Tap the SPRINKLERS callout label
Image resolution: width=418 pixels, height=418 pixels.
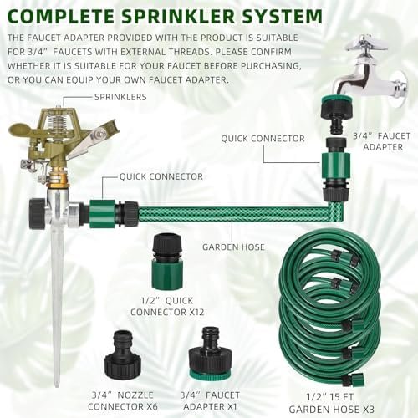(120, 97)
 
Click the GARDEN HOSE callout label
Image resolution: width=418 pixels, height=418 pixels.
(233, 247)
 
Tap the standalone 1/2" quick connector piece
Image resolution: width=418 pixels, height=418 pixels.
(168, 261)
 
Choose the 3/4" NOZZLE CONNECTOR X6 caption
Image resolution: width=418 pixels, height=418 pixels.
(123, 400)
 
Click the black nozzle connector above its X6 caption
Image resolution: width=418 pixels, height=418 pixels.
(123, 354)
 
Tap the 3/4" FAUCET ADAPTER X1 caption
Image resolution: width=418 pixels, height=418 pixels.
(210, 400)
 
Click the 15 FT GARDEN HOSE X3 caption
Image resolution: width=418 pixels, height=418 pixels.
(332, 403)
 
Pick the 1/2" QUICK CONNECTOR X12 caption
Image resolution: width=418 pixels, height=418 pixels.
(167, 306)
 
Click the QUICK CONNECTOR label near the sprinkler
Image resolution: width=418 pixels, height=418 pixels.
(161, 176)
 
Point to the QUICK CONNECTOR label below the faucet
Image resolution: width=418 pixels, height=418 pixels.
(263, 139)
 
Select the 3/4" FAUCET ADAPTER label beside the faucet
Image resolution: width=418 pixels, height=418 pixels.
(382, 141)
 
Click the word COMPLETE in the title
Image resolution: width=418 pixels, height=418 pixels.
(61, 16)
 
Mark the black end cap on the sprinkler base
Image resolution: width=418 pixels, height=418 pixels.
(37, 213)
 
